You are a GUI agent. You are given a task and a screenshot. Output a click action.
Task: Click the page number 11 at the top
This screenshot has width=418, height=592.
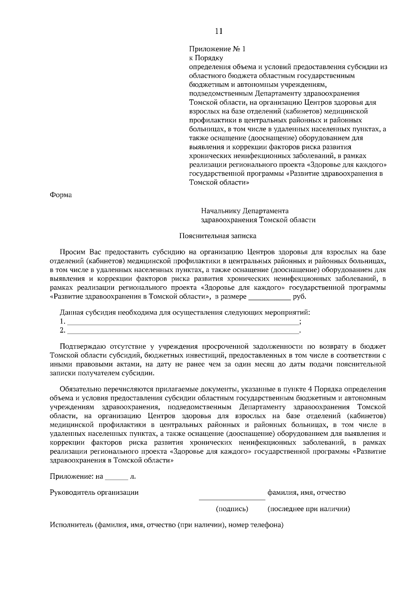tap(219, 31)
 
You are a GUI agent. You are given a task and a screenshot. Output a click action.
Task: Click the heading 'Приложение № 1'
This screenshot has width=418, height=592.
tap(217, 49)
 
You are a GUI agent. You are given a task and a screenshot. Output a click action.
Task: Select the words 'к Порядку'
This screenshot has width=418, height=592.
tap(206, 58)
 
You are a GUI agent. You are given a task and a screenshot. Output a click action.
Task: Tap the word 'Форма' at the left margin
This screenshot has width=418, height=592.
tap(61, 195)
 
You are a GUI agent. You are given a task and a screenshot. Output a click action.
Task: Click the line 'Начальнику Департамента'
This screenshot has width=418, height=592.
tap(245, 211)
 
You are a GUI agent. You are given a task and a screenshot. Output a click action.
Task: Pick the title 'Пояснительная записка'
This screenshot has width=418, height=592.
tap(218, 236)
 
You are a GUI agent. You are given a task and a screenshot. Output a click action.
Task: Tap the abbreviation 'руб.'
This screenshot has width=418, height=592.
tap(300, 297)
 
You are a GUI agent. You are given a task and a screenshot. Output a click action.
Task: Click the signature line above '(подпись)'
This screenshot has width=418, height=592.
tap(232, 499)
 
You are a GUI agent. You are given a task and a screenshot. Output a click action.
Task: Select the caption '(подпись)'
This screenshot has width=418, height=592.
tap(232, 509)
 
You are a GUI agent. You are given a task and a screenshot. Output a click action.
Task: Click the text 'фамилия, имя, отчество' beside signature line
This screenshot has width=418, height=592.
tap(307, 493)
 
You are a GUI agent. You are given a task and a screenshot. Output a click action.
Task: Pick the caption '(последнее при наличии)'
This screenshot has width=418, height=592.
tap(309, 509)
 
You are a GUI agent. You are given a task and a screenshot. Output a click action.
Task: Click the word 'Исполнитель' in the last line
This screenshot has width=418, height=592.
tap(71, 525)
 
